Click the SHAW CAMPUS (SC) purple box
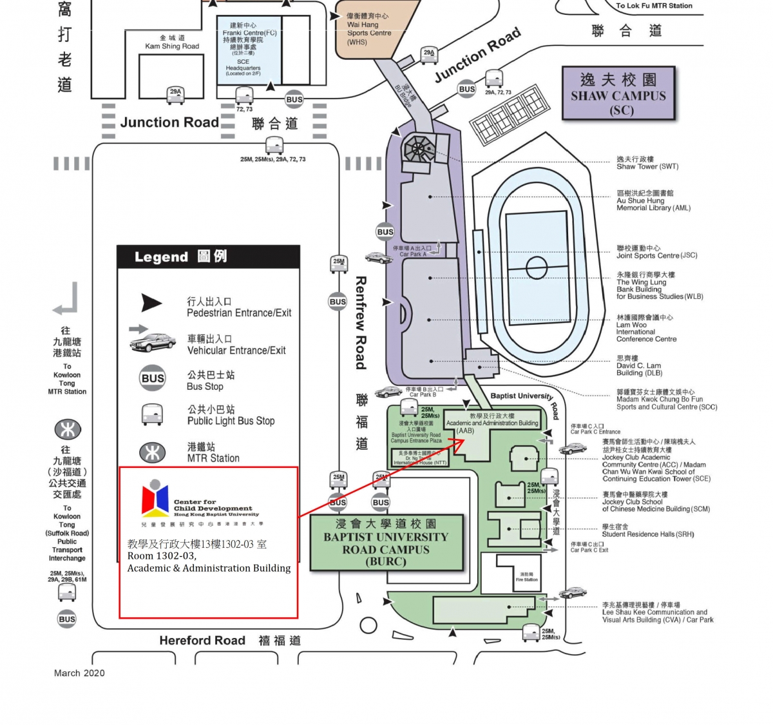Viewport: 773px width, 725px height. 618,93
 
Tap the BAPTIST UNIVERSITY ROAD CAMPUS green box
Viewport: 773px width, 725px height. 386,543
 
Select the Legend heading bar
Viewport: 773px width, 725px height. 208,256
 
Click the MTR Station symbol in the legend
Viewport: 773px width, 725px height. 153,452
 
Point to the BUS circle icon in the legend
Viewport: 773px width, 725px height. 153,378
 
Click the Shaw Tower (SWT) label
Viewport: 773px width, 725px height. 647,162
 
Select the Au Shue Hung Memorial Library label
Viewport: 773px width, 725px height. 653,200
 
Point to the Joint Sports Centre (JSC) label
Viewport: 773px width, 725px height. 656,251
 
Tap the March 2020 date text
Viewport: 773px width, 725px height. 79,673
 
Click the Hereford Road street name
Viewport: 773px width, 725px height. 202,640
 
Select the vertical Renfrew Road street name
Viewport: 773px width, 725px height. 361,323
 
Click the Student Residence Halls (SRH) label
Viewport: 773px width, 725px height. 647,530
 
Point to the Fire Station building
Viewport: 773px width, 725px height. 526,577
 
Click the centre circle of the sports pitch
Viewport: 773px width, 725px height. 536,266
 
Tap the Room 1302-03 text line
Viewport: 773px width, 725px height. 162,556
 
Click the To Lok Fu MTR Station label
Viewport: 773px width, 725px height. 654,6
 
